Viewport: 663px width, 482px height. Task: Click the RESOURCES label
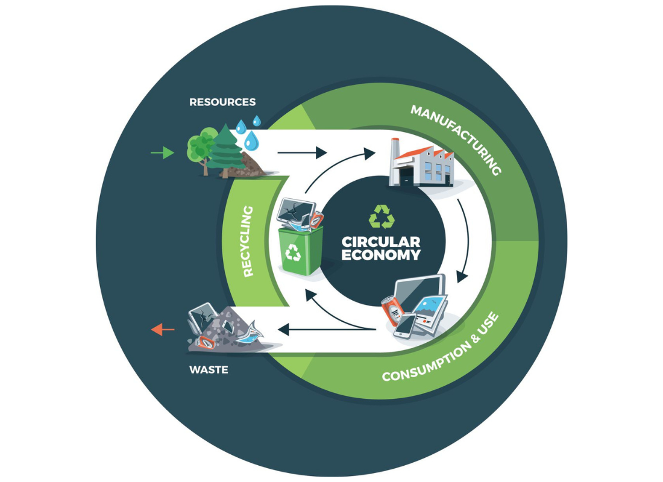(222, 102)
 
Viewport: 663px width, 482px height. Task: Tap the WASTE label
(209, 369)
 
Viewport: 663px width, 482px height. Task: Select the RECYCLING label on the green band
(248, 242)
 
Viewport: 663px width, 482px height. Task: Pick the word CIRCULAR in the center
(381, 242)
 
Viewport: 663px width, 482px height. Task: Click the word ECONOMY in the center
(381, 255)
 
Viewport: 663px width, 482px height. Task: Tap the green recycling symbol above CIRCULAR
(382, 216)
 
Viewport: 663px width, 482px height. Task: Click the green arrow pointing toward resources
(162, 152)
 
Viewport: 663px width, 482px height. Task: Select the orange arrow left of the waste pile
(163, 329)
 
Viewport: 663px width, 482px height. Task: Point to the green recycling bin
(301, 250)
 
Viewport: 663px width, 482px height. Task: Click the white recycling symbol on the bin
(293, 252)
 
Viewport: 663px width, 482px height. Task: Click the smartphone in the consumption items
(404, 326)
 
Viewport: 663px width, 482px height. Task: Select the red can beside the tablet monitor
(392, 311)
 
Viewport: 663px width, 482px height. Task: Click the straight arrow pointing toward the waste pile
(327, 329)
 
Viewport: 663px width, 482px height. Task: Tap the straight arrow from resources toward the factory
(302, 152)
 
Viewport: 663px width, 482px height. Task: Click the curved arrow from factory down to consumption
(466, 241)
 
